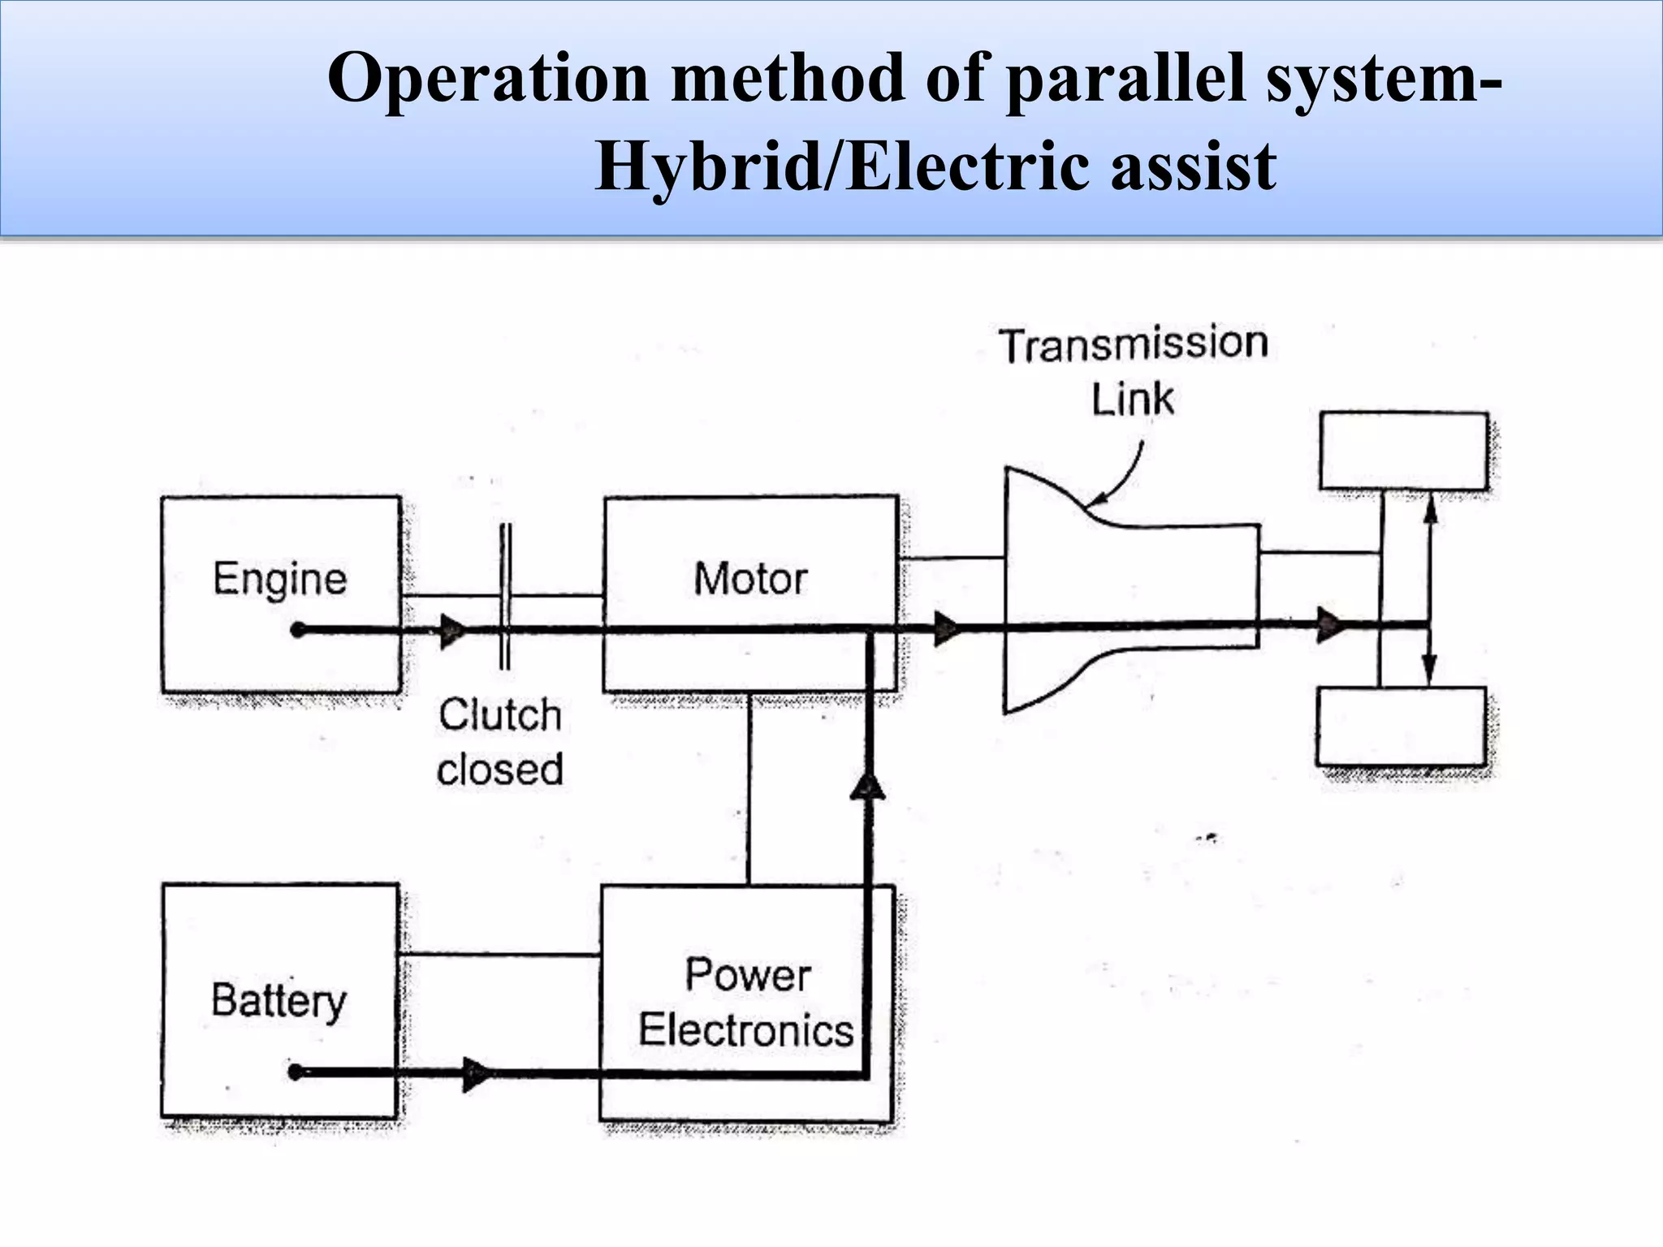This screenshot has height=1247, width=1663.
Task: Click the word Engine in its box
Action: click(280, 580)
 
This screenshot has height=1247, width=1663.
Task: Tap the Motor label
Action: click(750, 580)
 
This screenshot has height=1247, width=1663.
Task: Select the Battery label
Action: click(279, 1001)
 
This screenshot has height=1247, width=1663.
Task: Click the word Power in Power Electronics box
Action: click(748, 974)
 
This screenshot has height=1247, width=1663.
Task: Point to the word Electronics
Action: click(745, 1030)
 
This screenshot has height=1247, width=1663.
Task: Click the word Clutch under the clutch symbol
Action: click(500, 715)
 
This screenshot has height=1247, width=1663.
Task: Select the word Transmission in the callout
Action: click(1133, 345)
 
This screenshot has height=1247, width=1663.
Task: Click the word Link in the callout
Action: click(1132, 400)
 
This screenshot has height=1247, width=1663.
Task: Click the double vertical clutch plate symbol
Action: click(504, 597)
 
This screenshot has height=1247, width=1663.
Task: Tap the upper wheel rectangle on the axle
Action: click(1404, 451)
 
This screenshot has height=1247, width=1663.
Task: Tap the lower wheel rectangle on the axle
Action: click(1402, 727)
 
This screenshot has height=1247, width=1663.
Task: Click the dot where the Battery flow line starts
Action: click(296, 1072)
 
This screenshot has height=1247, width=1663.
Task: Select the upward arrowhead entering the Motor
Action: click(868, 786)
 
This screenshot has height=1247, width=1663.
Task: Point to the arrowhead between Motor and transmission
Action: click(947, 628)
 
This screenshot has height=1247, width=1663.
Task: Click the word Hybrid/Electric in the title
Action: click(841, 167)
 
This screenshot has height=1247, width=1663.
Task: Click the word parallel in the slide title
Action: click(1125, 79)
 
